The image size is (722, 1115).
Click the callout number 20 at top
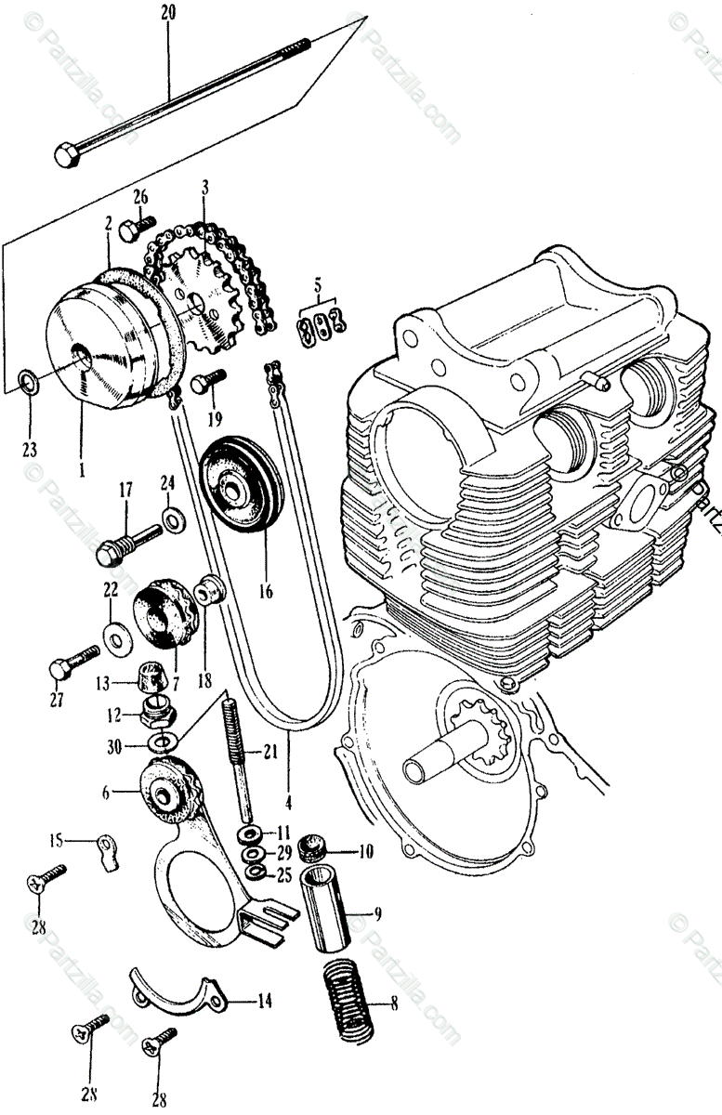pos(167,12)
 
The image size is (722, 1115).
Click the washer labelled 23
pos(27,380)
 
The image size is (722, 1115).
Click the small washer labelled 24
pos(173,516)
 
